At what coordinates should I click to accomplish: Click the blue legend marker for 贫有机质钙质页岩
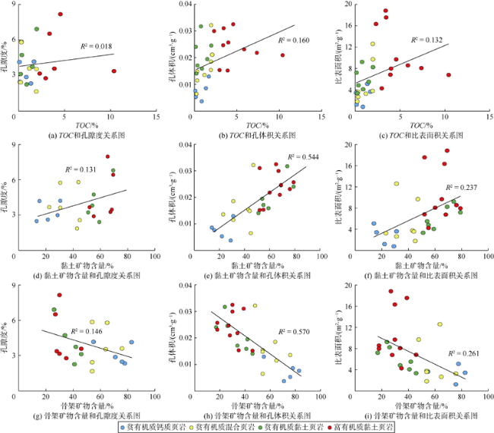tap(123, 427)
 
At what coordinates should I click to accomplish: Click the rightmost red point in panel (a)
tap(113, 71)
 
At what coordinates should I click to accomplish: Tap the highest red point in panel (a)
tap(60, 14)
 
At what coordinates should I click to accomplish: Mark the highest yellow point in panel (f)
tap(396, 183)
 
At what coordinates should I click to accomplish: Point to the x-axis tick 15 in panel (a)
tap(157, 116)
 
